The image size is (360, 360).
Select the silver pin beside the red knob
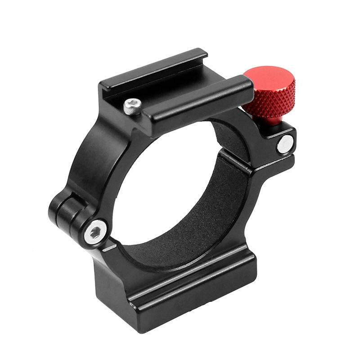(x=284, y=144)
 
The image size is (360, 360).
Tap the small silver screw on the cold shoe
(x=132, y=106)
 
